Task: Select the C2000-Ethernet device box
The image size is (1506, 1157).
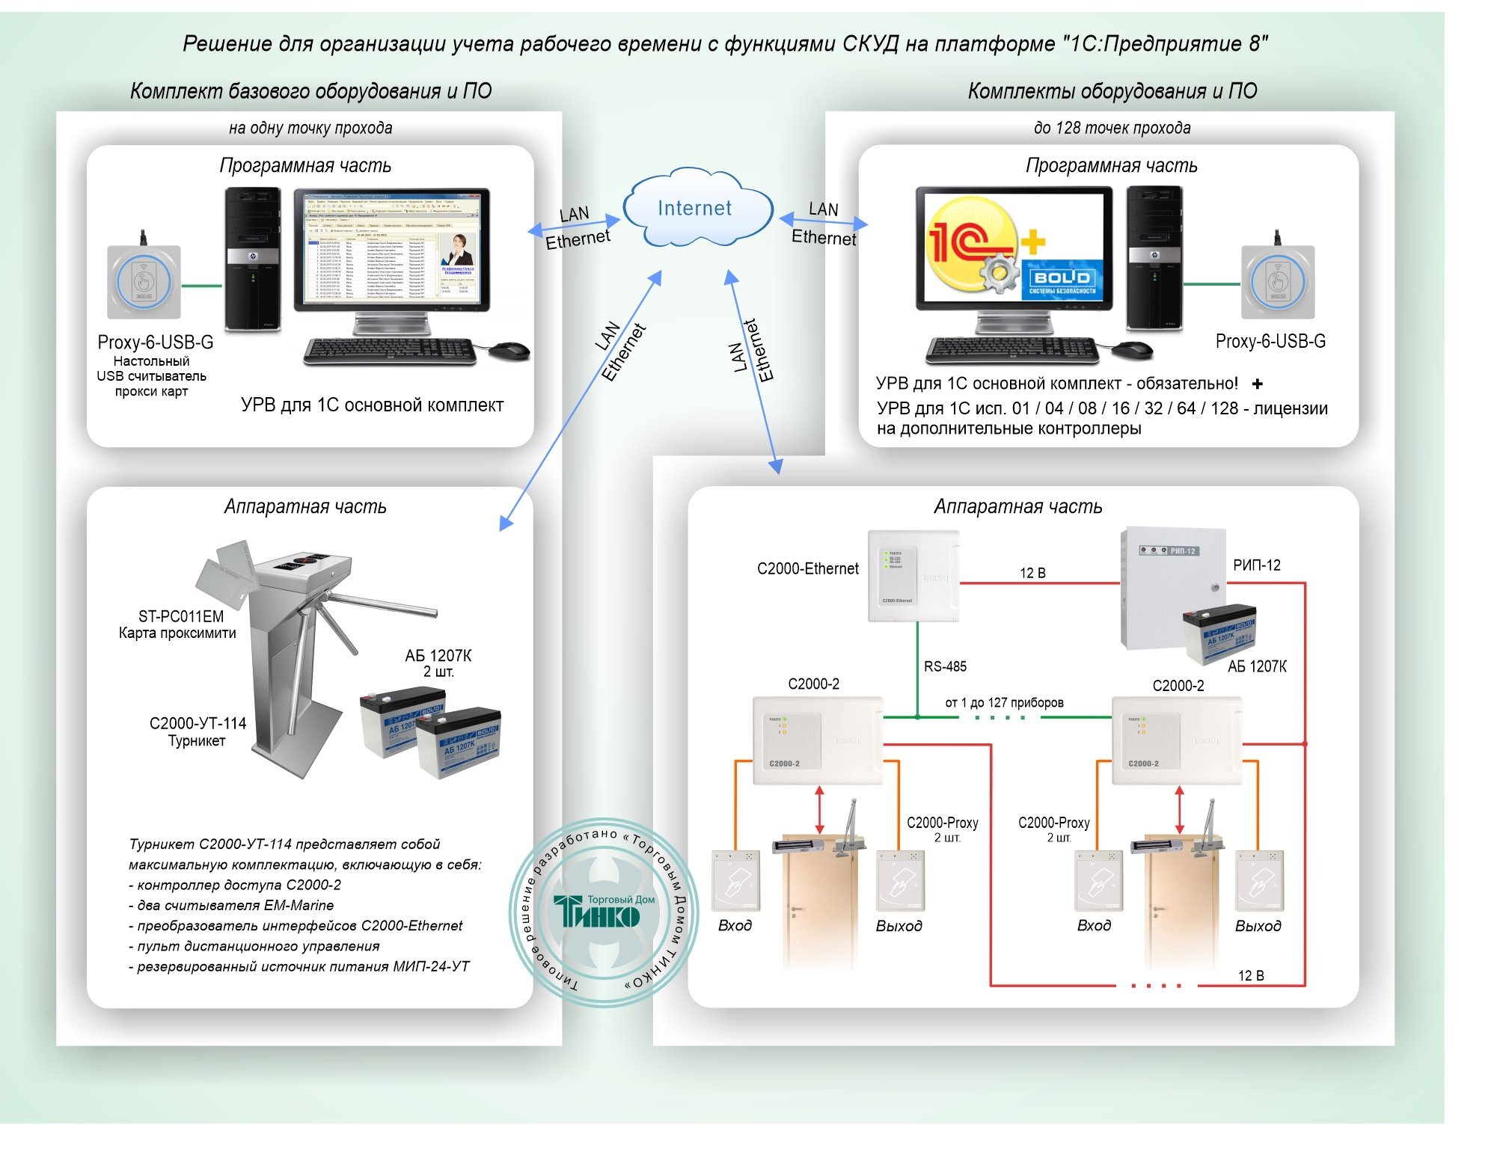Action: pyautogui.click(x=913, y=576)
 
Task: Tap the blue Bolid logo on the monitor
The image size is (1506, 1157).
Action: pyautogui.click(x=1062, y=280)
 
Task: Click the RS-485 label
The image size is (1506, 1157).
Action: pyautogui.click(x=945, y=666)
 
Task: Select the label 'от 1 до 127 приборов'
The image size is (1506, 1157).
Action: pyautogui.click(x=1004, y=703)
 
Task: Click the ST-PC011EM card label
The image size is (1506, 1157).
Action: pyautogui.click(x=181, y=616)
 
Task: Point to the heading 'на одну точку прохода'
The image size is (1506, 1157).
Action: pyautogui.click(x=310, y=128)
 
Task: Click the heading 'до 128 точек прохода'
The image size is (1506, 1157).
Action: pyautogui.click(x=1112, y=128)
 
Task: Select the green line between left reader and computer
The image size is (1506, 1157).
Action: pyautogui.click(x=202, y=286)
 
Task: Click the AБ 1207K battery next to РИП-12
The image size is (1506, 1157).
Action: pyautogui.click(x=1219, y=632)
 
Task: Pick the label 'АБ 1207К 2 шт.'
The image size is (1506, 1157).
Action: pyautogui.click(x=438, y=663)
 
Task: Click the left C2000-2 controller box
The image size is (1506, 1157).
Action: pyautogui.click(x=817, y=740)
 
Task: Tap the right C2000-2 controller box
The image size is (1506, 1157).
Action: pyautogui.click(x=1176, y=740)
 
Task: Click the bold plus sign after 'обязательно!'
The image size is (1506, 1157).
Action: pyautogui.click(x=1258, y=384)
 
